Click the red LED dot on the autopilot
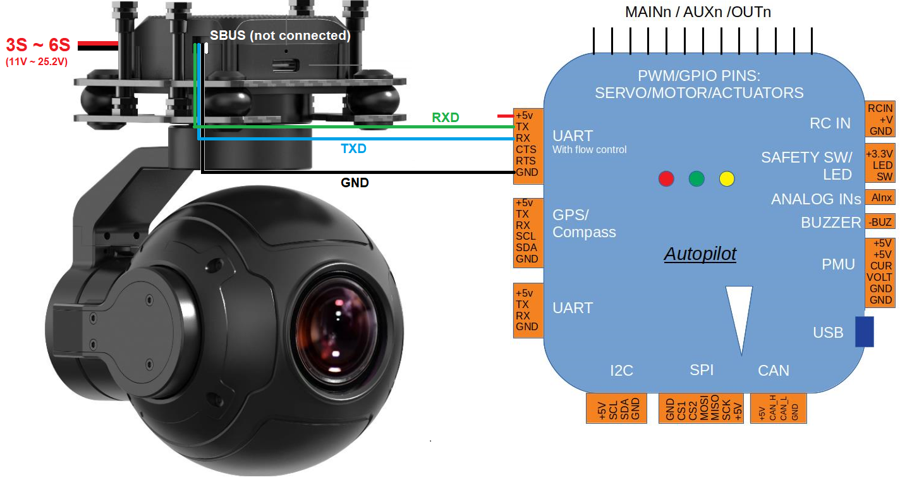click(x=666, y=178)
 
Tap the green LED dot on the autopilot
click(x=696, y=178)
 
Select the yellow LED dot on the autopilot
click(x=727, y=178)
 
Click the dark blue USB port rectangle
click(x=864, y=332)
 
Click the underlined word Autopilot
click(x=700, y=255)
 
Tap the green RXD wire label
click(x=446, y=118)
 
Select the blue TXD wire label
click(x=353, y=149)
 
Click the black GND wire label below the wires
click(x=355, y=183)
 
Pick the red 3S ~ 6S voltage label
click(x=38, y=46)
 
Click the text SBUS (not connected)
click(x=280, y=36)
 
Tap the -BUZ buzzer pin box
click(x=880, y=222)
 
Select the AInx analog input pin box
click(x=880, y=198)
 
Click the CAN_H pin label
click(x=772, y=409)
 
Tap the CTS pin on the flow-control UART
click(x=526, y=150)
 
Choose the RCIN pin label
click(x=880, y=108)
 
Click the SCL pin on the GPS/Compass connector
click(x=526, y=237)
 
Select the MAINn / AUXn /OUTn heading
click(x=698, y=12)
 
